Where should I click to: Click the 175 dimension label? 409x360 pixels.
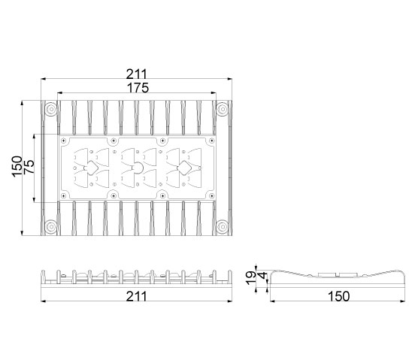(138, 88)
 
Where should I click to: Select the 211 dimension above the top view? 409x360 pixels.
(137, 74)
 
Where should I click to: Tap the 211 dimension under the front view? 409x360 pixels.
(137, 296)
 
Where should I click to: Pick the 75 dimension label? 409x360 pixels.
(29, 167)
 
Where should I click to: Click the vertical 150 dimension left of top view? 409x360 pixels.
(17, 167)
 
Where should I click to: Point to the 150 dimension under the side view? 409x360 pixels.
(338, 296)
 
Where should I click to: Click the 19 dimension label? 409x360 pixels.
(251, 278)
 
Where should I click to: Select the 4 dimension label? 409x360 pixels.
(263, 275)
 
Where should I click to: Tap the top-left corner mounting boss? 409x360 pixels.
(51, 109)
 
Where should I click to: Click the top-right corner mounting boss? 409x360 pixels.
(223, 109)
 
